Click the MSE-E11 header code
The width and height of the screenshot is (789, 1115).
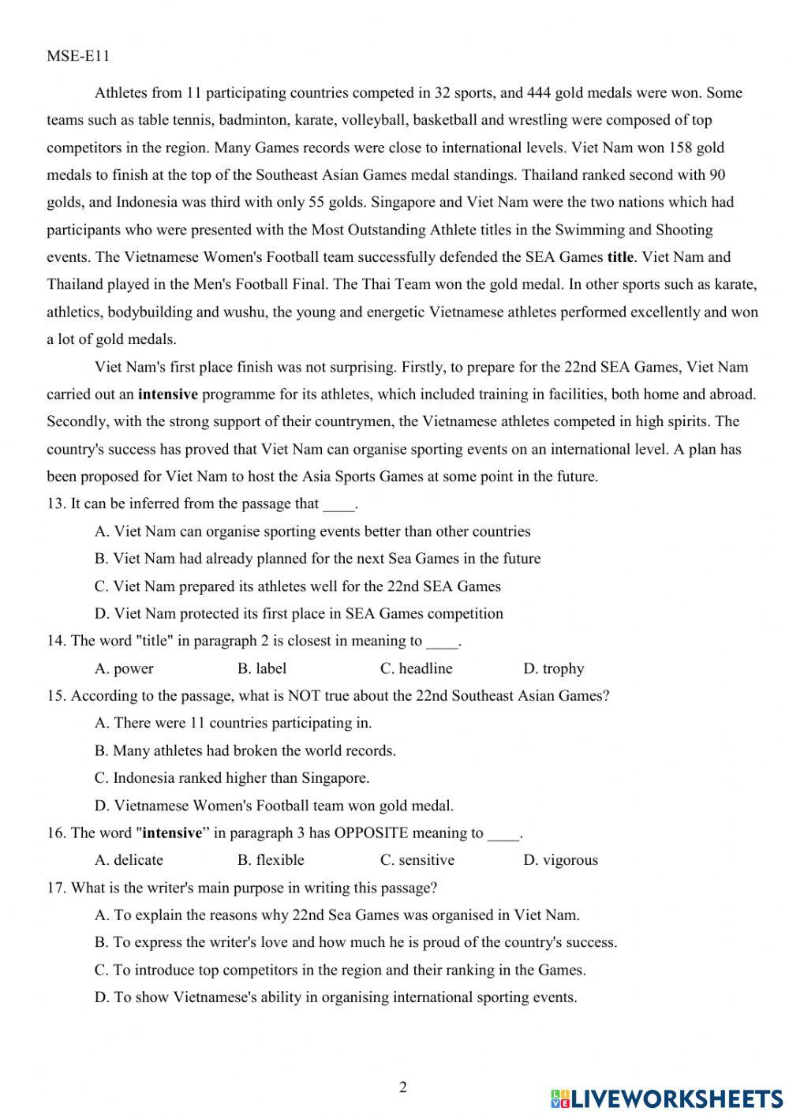(x=78, y=56)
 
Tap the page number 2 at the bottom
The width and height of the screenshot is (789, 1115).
(x=403, y=1087)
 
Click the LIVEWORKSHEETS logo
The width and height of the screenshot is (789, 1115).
(x=666, y=1098)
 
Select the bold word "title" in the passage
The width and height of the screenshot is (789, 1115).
(x=620, y=257)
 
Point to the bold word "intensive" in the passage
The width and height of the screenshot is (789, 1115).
(x=167, y=395)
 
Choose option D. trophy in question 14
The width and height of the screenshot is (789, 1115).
(x=553, y=668)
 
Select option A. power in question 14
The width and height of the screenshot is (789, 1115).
(x=124, y=668)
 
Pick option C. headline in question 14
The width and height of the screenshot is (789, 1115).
(x=416, y=668)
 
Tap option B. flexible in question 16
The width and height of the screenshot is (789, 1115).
(x=270, y=860)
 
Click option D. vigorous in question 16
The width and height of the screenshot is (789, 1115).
(x=560, y=860)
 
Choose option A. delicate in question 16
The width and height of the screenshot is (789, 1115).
(x=129, y=860)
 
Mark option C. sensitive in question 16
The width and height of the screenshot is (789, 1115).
(x=417, y=860)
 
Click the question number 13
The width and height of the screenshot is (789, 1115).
(x=56, y=503)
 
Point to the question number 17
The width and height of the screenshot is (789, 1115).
(x=56, y=888)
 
